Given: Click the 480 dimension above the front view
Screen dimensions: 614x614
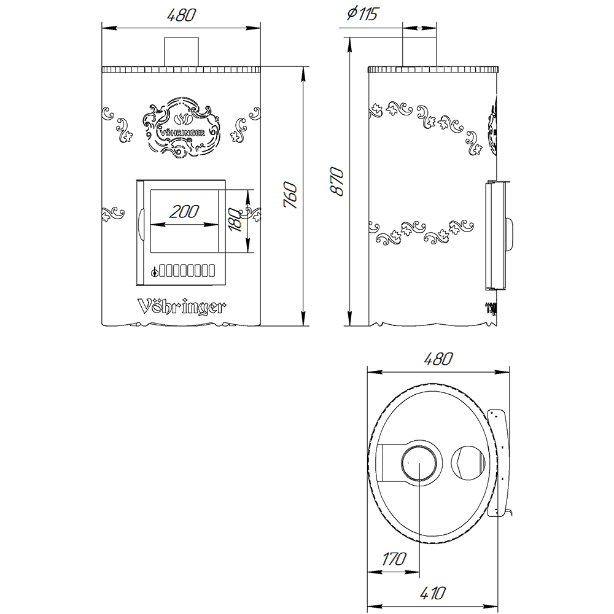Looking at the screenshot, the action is pos(181,15).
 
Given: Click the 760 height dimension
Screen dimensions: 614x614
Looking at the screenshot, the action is pos(291,195).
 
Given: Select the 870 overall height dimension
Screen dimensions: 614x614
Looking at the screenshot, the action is pos(336,182).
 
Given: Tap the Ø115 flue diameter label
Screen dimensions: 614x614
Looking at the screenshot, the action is pos(362,14).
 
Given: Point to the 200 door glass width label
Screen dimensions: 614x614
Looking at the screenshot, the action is pos(184,212).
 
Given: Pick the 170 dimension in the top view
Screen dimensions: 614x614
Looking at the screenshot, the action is pos(394,559).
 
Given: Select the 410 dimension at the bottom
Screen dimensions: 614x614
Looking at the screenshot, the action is pos(433,593).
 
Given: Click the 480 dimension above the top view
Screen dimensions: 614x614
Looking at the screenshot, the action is pos(438,359).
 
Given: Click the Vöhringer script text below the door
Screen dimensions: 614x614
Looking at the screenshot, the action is pos(181,307).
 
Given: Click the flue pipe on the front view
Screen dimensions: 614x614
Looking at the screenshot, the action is pos(181,52).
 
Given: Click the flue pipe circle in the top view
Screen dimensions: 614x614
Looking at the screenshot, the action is pos(419,462).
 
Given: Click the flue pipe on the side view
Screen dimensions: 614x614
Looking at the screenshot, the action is pos(419,52).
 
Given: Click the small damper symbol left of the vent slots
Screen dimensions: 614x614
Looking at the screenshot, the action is pos(155,271).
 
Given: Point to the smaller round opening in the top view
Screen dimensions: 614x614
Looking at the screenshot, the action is pos(468,463).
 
